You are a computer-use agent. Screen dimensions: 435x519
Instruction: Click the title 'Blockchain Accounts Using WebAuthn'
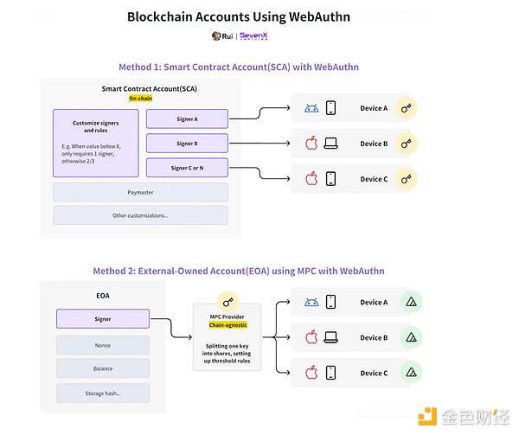[238, 16]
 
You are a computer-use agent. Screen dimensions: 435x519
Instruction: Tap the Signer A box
[186, 119]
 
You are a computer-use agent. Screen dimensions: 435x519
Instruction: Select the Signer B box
[186, 143]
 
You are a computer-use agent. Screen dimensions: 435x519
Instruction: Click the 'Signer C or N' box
[186, 167]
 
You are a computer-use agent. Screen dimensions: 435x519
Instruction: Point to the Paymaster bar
[140, 192]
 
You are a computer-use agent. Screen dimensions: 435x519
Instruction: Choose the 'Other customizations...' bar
[140, 215]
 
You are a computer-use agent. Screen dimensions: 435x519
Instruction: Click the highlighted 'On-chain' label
[140, 99]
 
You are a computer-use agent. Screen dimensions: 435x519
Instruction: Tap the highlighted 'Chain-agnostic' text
[228, 326]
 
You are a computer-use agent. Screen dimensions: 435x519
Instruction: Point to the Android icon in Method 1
[311, 109]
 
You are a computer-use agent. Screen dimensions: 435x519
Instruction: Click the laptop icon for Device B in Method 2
[330, 336]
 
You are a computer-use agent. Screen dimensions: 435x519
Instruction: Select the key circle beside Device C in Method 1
[406, 179]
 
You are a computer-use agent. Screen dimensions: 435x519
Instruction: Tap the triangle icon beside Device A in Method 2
[412, 302]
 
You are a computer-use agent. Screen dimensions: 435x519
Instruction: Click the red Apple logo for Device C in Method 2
[311, 373]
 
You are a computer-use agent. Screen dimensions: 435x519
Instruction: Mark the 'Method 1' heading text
[238, 67]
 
